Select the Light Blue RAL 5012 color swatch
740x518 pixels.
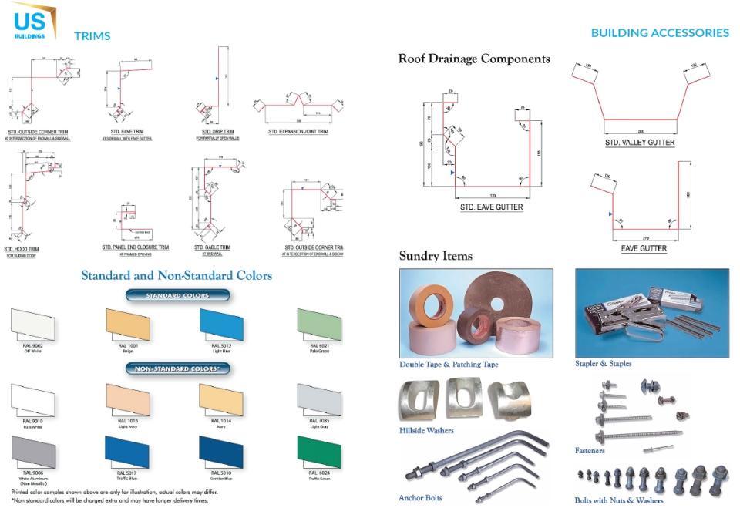click(x=221, y=324)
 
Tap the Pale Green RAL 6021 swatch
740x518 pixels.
click(x=318, y=324)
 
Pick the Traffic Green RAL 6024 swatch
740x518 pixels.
click(x=318, y=452)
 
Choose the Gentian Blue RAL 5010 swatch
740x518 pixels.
click(x=221, y=452)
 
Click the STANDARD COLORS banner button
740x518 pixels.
click(x=177, y=295)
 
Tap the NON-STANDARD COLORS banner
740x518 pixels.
click(x=177, y=369)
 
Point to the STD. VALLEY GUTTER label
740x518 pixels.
click(x=640, y=143)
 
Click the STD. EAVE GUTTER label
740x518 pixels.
click(x=492, y=207)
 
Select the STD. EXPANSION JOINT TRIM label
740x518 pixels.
click(x=298, y=132)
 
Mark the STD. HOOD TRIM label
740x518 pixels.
click(x=22, y=249)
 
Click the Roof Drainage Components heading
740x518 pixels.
click(x=474, y=59)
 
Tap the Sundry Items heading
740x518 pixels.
click(x=436, y=256)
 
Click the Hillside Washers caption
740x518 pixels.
click(x=426, y=430)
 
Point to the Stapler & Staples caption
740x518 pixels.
click(x=603, y=363)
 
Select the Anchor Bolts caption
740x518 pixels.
click(x=420, y=498)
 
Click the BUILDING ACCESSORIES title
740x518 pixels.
click(x=660, y=33)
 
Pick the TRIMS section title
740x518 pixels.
click(x=92, y=35)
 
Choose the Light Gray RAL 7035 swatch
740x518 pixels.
click(x=318, y=399)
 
